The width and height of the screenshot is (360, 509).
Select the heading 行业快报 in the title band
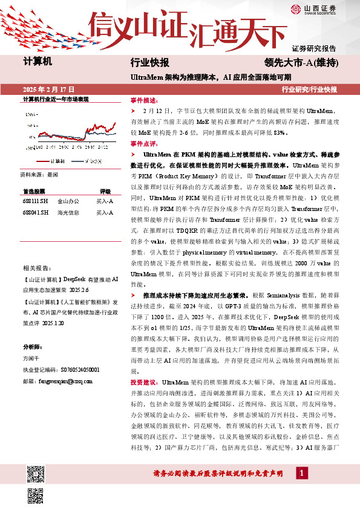(149, 63)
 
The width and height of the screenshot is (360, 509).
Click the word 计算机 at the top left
(38, 62)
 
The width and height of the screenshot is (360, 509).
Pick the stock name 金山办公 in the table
(68, 201)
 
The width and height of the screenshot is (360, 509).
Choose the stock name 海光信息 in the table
(68, 212)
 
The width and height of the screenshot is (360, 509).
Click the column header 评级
(105, 190)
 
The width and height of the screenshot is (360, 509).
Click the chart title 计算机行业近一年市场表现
(56, 99)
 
